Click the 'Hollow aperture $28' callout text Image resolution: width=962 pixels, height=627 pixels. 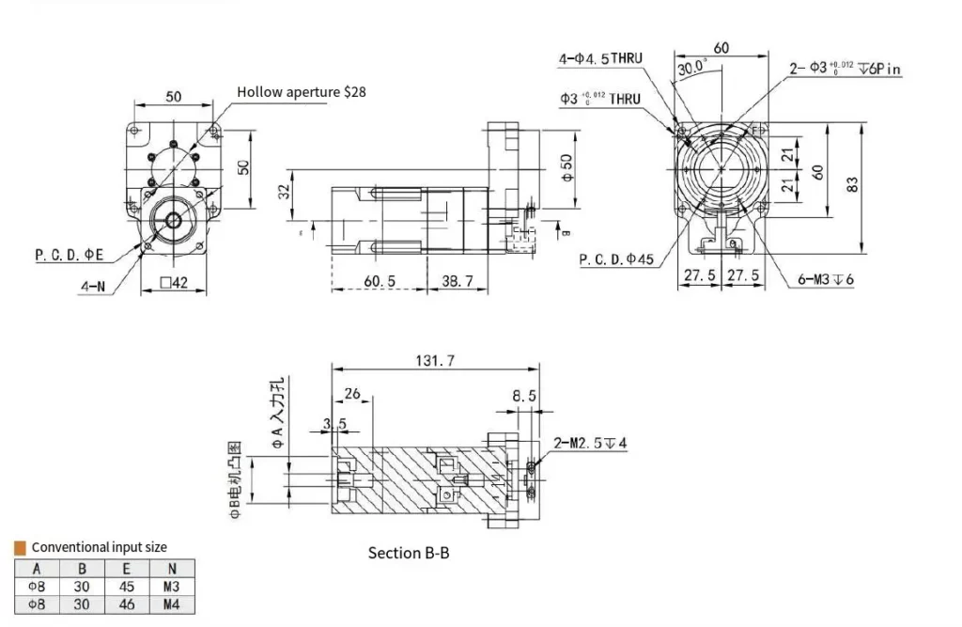(x=301, y=92)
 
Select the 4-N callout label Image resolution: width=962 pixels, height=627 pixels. (x=91, y=287)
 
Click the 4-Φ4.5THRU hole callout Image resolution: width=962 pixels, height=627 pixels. (x=600, y=58)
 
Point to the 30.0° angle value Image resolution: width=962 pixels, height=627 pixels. (x=691, y=69)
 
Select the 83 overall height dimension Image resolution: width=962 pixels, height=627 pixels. (x=853, y=185)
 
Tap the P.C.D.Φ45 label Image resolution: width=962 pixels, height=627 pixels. (x=616, y=259)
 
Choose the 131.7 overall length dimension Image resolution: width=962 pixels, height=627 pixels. (x=436, y=359)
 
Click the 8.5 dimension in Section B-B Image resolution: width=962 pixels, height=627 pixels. (x=524, y=397)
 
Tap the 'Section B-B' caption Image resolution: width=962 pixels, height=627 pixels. (x=409, y=553)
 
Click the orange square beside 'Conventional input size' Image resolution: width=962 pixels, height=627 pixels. (x=20, y=547)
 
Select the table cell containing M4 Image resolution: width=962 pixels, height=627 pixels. (x=170, y=603)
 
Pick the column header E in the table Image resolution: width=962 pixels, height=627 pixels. (x=127, y=568)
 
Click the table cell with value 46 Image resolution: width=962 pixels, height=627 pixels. (x=127, y=603)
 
